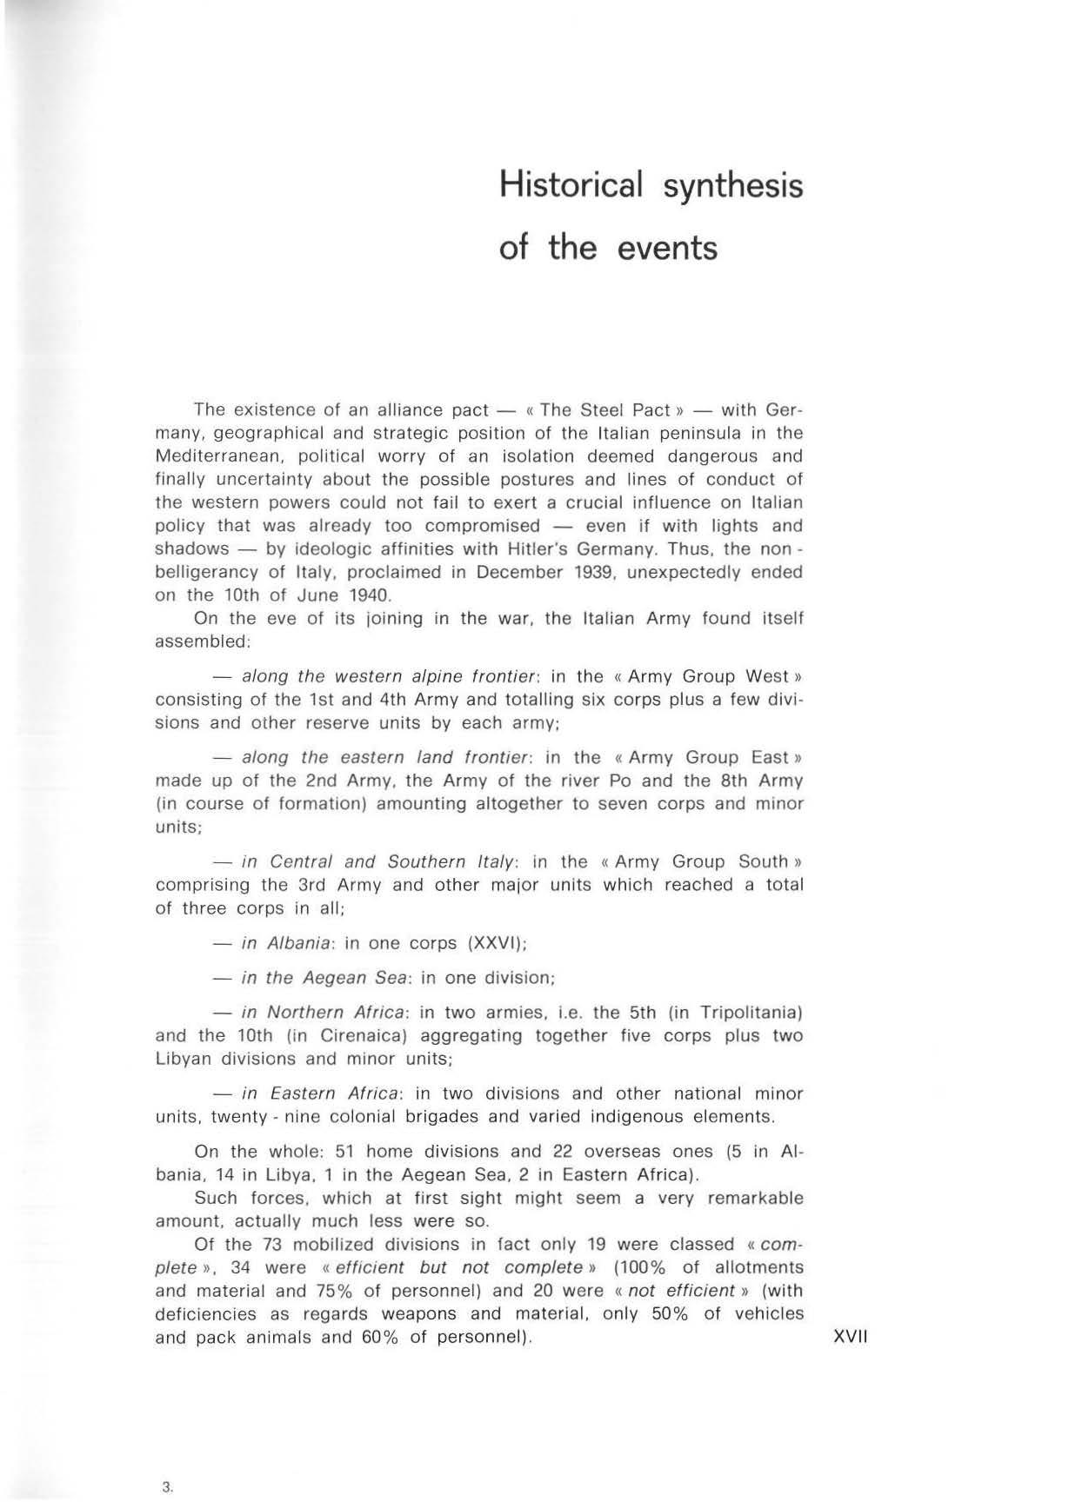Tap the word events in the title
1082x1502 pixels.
coord(667,249)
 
